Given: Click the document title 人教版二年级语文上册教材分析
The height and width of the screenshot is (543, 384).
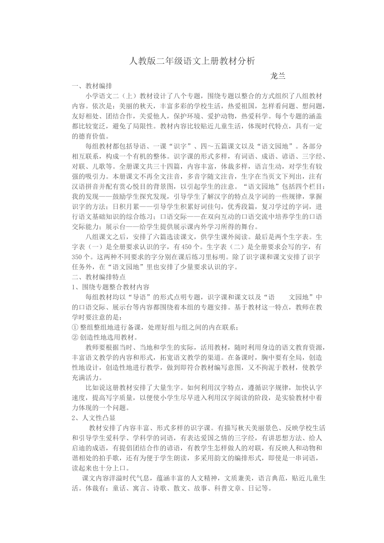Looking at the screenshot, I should click(x=192, y=61).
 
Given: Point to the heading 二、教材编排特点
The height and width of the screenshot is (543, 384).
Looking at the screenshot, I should click(x=99, y=277).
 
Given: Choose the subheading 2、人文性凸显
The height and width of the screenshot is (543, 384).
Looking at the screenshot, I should click(x=93, y=418).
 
